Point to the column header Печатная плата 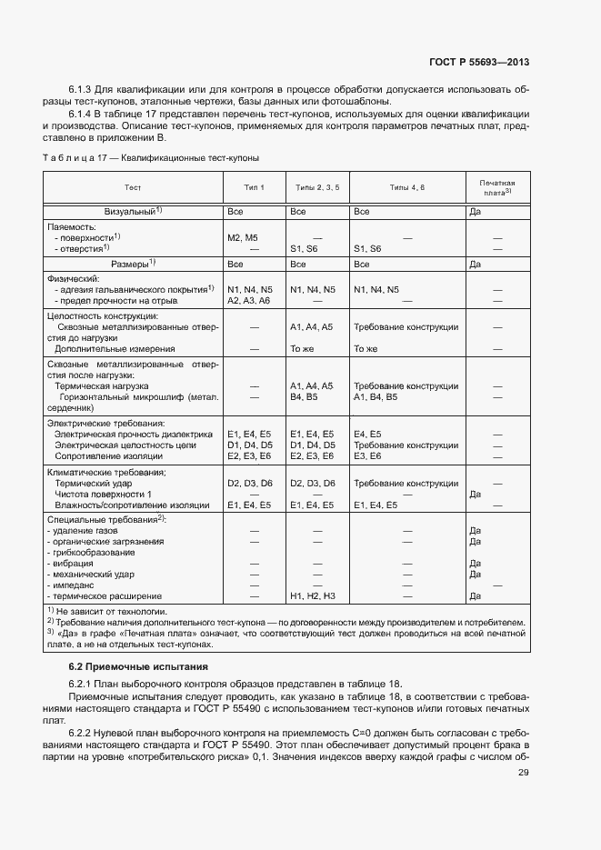498,187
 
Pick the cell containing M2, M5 243,236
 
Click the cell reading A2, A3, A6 248,300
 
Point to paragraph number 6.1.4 81,115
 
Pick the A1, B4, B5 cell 375,396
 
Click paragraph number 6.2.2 81,731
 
